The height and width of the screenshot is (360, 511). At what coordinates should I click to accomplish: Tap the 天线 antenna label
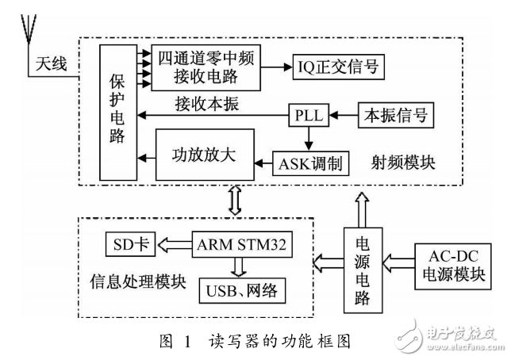coord(50,63)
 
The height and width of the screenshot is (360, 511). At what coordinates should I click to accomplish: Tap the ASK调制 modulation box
coord(310,164)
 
